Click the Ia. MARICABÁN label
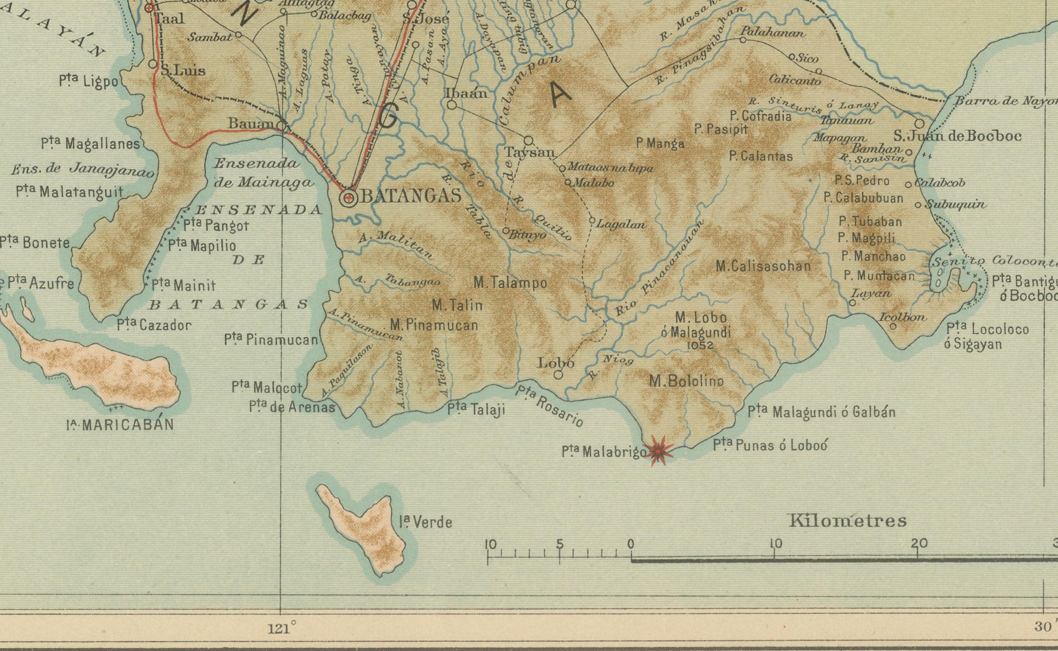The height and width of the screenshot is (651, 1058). [120, 425]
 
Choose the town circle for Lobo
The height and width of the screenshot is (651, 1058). [558, 375]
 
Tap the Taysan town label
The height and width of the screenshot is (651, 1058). [530, 152]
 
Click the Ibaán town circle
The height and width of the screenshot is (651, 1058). [452, 105]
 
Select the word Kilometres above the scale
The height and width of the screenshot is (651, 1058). [847, 521]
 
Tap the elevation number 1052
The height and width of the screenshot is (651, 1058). [700, 345]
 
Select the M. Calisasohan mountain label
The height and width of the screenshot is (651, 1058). [763, 266]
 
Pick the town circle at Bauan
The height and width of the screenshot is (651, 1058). [281, 126]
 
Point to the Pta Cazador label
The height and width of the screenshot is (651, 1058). [154, 325]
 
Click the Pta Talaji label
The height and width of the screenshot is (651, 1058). [476, 409]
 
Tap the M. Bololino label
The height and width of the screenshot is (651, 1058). [686, 381]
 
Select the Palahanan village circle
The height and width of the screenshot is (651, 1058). [743, 40]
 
